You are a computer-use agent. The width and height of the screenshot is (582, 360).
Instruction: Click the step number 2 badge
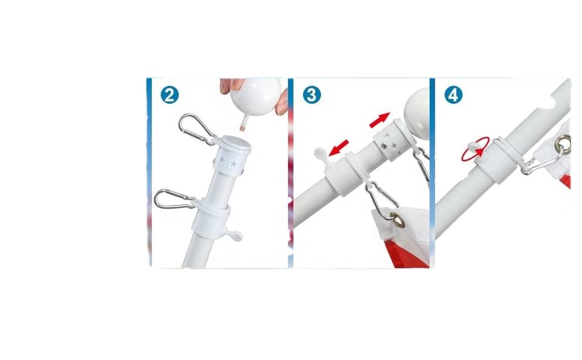coord(170,95)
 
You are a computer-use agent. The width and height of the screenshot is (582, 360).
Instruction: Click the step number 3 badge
coord(312,95)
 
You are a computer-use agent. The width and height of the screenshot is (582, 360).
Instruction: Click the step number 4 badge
coord(453,95)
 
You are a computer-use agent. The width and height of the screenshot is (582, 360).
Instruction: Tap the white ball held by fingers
coord(255,96)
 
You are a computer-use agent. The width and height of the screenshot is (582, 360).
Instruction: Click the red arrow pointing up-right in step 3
coord(380,120)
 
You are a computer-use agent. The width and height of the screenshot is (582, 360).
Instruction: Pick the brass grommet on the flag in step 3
coord(397,220)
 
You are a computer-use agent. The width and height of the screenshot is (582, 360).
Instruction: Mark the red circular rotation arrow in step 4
coord(475,149)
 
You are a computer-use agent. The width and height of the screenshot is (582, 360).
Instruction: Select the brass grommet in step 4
coord(563,145)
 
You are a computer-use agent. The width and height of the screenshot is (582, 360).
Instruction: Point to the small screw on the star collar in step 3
coord(384,146)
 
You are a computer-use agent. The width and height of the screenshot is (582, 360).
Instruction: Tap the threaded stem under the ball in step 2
coord(242,122)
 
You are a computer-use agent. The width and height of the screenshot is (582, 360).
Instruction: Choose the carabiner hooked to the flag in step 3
coord(381,201)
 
